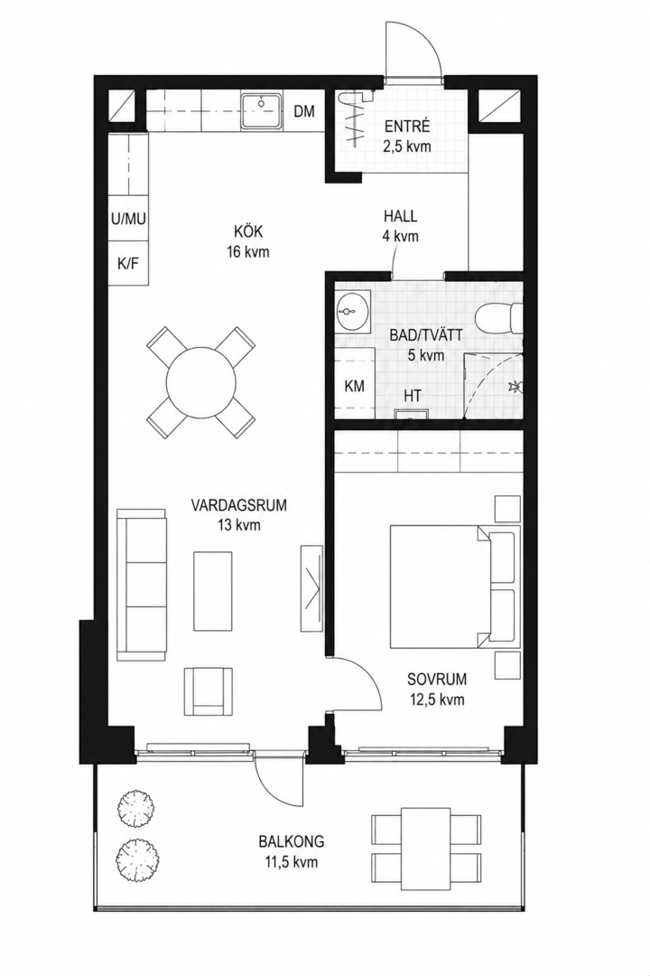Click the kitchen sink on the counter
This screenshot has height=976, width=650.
261,111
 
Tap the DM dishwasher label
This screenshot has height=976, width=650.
304,112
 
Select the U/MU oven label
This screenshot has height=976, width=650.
128,219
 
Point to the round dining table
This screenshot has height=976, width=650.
201,382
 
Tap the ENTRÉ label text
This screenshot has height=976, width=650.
407,127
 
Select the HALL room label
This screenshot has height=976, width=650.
401,217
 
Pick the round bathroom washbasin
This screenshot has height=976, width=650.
351,311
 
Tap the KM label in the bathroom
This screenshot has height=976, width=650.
355,386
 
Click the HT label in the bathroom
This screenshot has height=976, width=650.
413,396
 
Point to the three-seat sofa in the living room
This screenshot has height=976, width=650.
143,584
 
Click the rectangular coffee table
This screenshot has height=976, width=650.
213,590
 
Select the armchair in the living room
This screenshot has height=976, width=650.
209,691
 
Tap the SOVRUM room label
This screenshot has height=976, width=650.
437,689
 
